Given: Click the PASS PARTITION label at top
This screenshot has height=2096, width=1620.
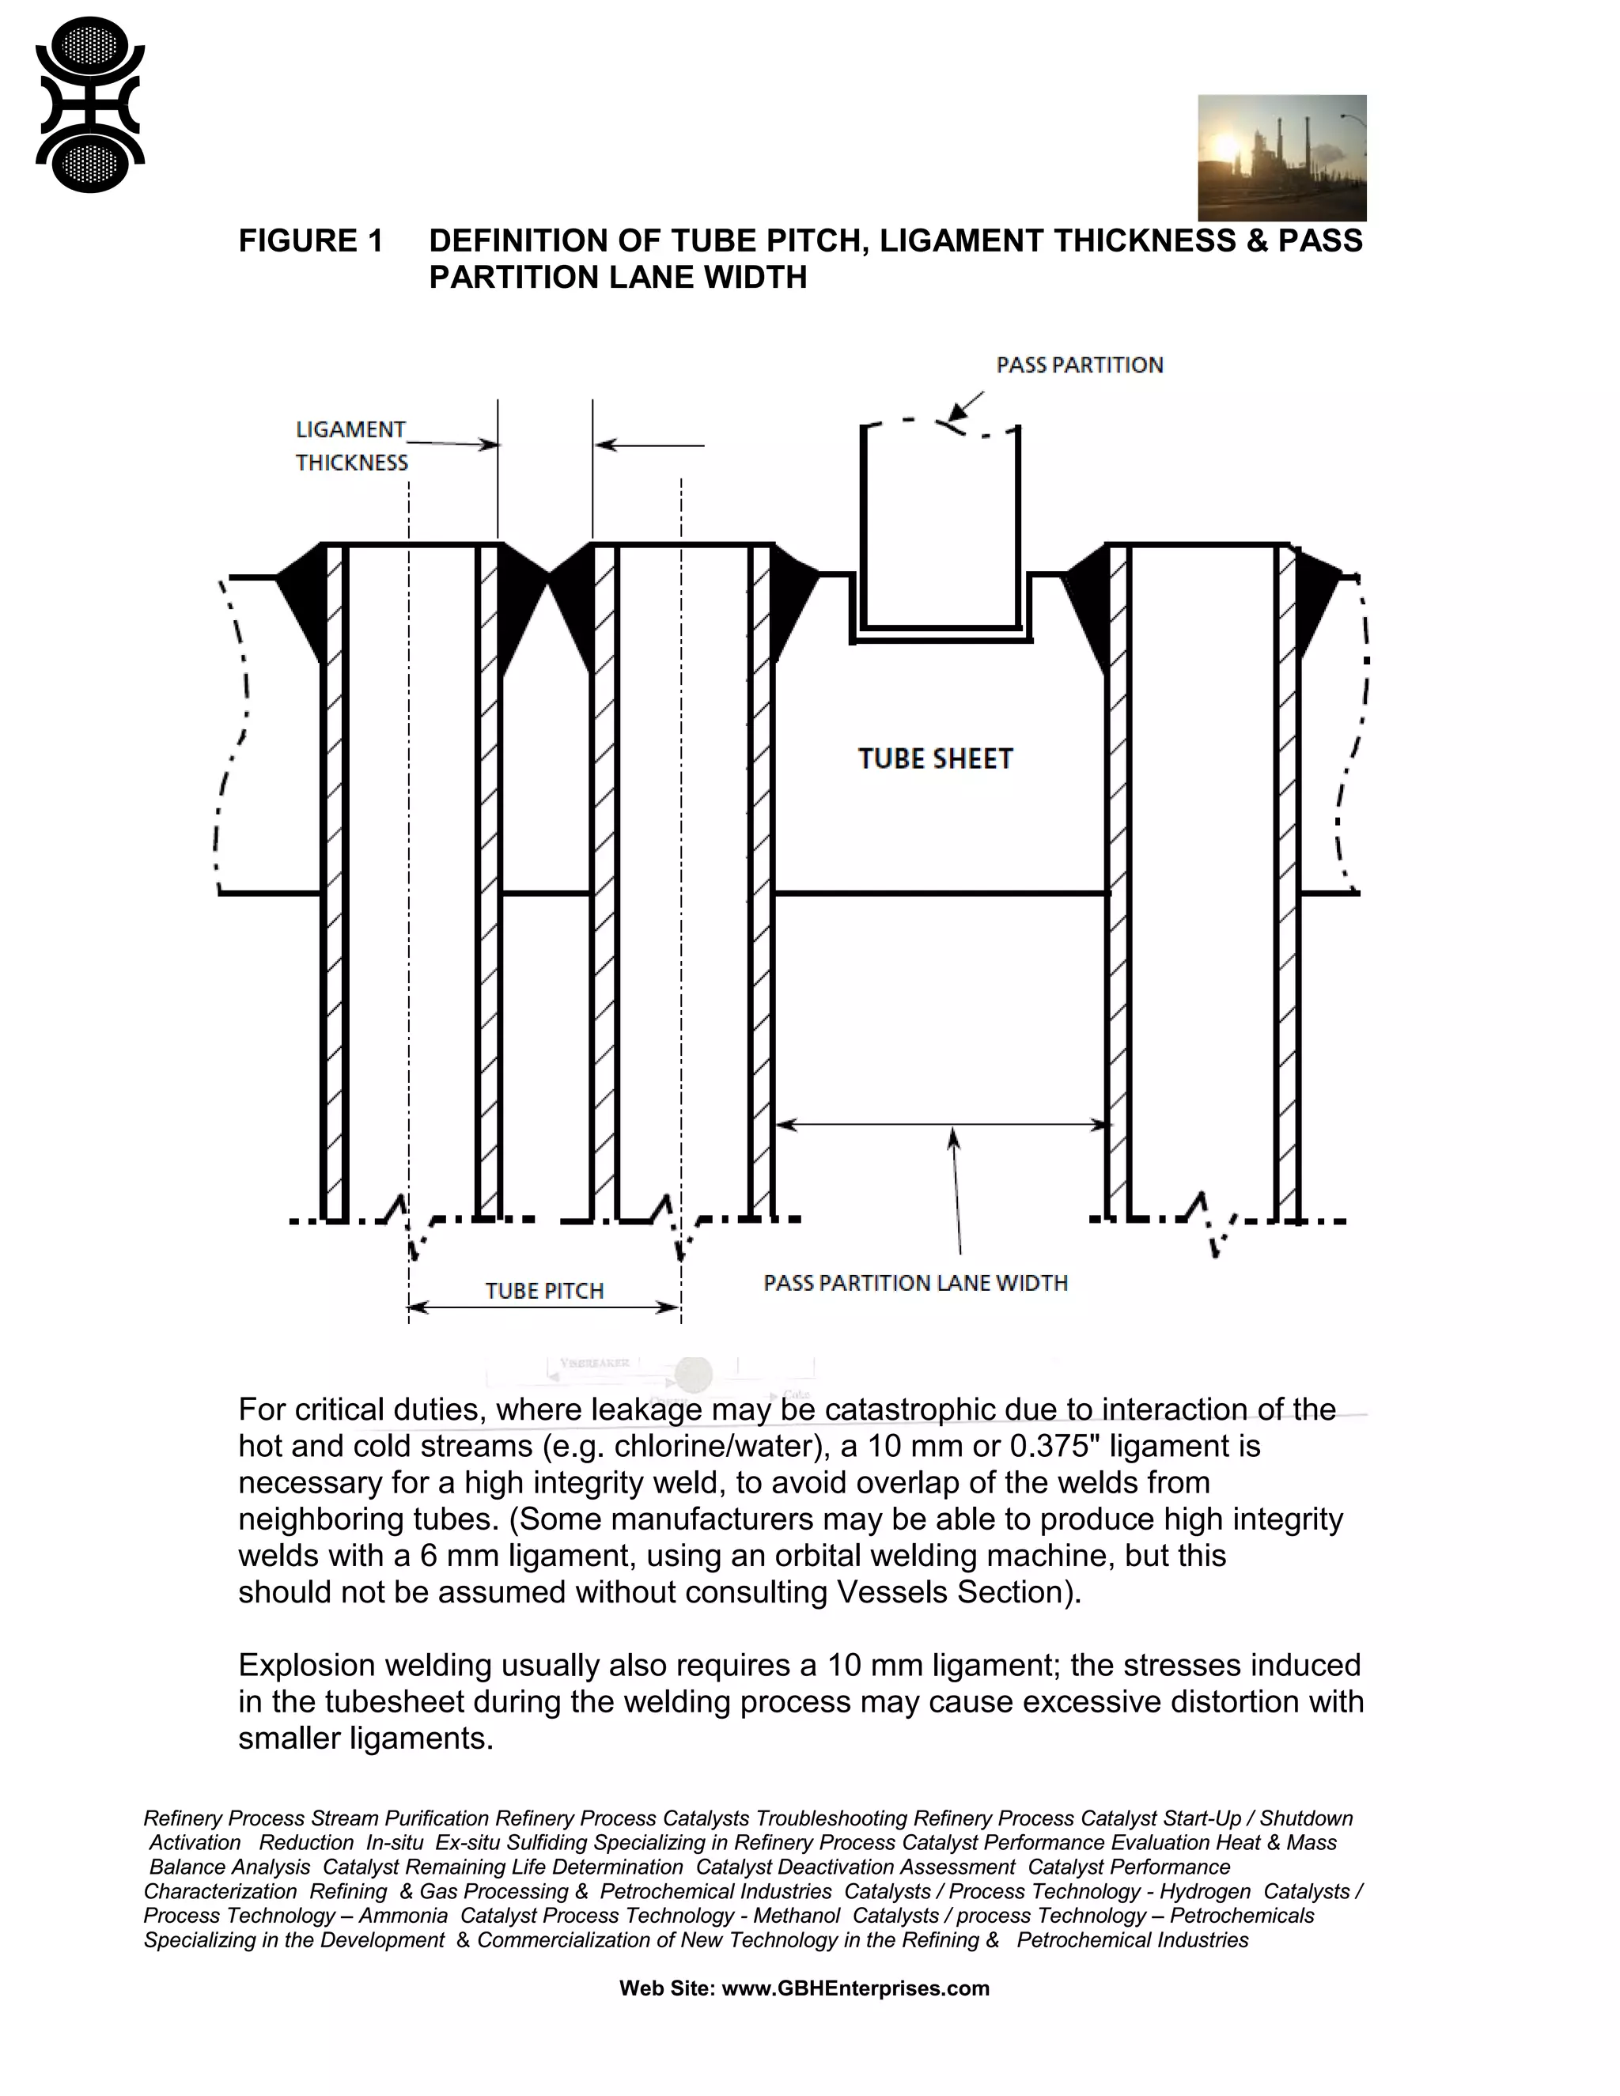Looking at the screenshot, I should coord(1079,365).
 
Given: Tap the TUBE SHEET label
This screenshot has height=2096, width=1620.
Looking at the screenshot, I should coord(935,759).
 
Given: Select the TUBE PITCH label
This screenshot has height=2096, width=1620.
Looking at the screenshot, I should coord(544,1291).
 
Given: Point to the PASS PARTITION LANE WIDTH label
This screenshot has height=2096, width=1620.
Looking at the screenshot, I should coord(914,1283).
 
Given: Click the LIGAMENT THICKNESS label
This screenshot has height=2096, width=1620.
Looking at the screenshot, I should coord(351,445).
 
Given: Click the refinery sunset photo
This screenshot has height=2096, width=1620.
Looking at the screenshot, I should coord(1281,157).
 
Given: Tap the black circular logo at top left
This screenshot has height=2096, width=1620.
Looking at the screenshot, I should coord(89,104).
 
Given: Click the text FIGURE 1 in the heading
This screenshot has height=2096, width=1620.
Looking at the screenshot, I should coord(310,241).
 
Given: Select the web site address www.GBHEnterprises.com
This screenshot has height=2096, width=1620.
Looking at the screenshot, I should coord(854,1988).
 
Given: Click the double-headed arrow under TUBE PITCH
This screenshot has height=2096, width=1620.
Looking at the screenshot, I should coord(544,1307).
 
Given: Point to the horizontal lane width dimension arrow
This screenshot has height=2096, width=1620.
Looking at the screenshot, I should coord(941,1124).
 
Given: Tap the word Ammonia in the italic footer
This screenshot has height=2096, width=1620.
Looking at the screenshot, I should coord(403,1916).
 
